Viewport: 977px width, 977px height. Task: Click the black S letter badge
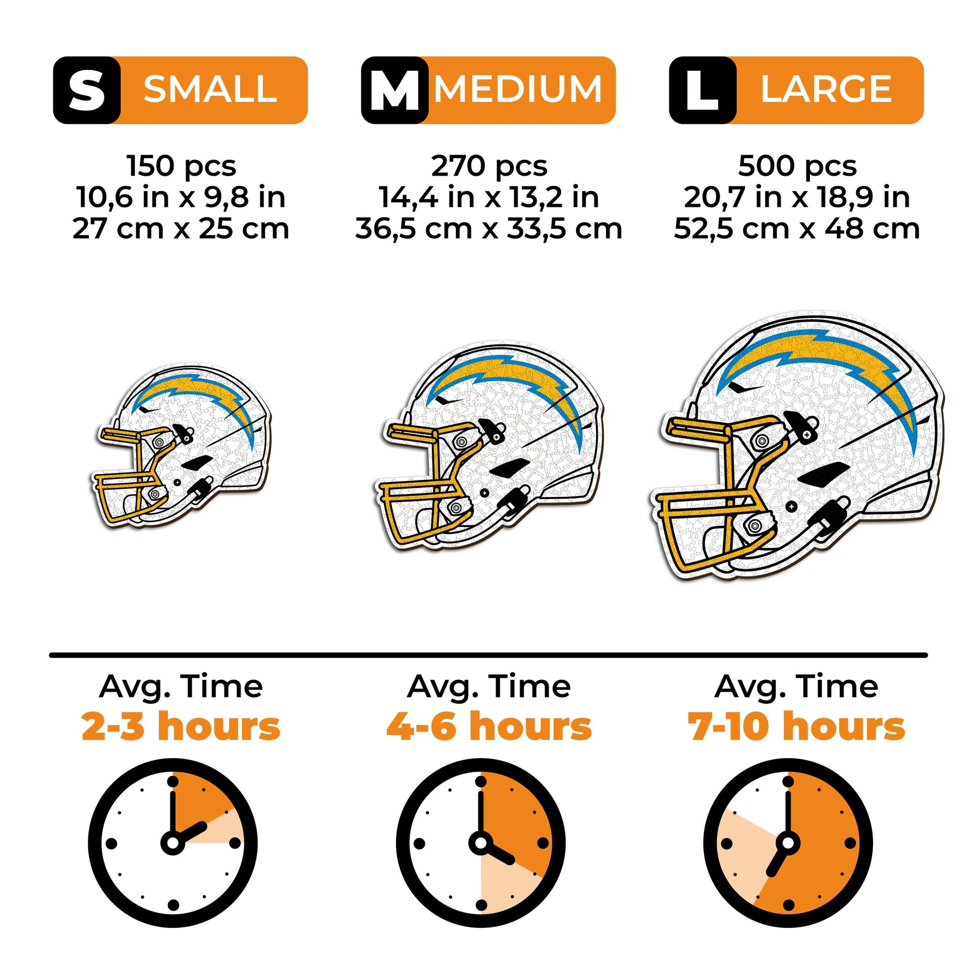86,90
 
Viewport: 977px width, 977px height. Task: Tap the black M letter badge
395,90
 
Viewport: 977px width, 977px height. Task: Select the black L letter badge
702,90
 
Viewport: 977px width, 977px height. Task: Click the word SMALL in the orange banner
210,89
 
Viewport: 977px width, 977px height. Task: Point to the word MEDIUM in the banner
518,89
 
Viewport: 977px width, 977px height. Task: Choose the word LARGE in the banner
826,89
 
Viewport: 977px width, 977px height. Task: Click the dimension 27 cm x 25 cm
181,228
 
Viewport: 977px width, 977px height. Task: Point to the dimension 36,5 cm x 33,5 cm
488,228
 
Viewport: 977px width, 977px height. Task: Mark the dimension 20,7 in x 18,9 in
797,197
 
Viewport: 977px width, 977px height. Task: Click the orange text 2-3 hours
181,726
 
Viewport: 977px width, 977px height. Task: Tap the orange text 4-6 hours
489,726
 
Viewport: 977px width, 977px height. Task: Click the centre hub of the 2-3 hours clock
173,843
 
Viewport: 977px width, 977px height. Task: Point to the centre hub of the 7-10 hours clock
788,843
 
